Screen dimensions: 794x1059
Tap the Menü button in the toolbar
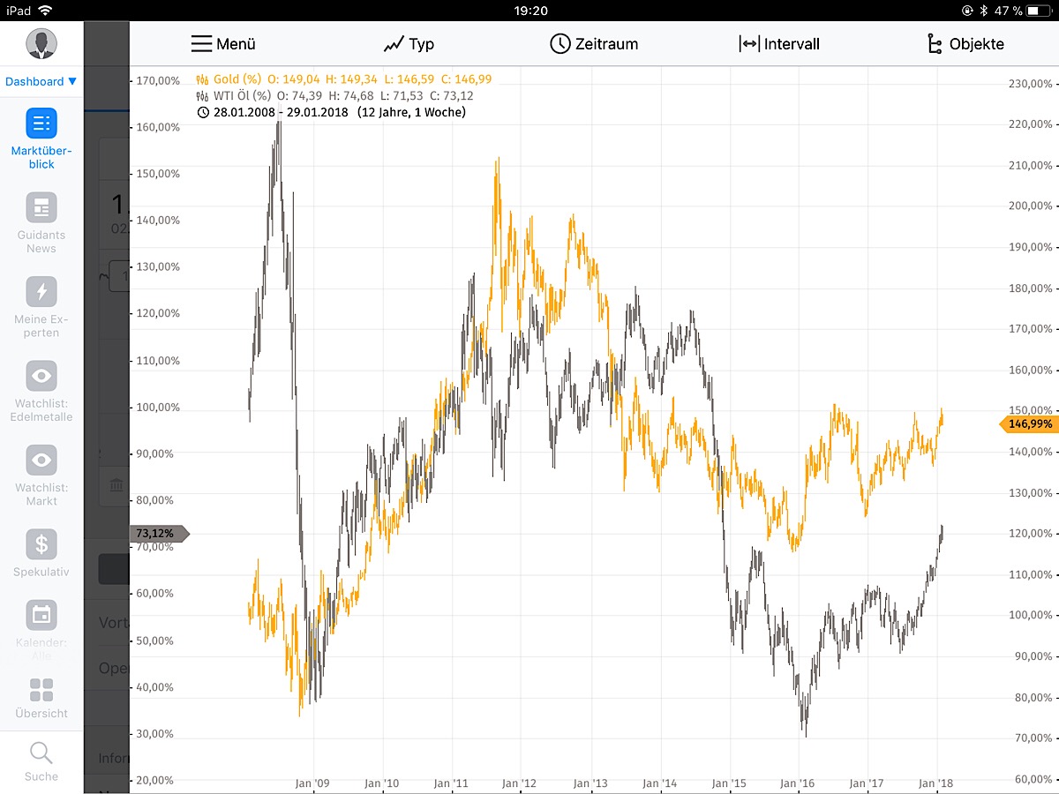click(x=223, y=44)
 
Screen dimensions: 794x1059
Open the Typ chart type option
click(x=409, y=44)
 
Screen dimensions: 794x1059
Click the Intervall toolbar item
click(x=779, y=44)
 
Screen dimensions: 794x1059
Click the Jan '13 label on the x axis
click(x=590, y=783)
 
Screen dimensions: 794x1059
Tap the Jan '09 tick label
click(x=312, y=783)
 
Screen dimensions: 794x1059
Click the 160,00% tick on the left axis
click(x=158, y=127)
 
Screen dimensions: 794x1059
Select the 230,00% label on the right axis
click(x=1030, y=84)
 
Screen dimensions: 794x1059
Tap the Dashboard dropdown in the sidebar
click(x=41, y=81)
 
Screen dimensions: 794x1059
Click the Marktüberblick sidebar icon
click(x=41, y=124)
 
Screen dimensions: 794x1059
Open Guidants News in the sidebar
click(x=41, y=208)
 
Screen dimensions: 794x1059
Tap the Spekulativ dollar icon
click(x=41, y=544)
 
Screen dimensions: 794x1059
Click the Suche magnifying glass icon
click(x=41, y=753)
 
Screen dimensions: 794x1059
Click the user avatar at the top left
click(x=41, y=43)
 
